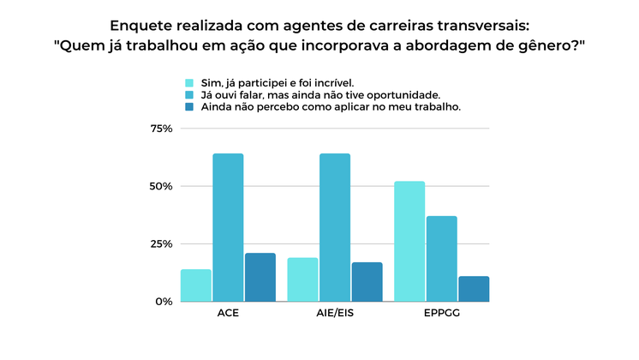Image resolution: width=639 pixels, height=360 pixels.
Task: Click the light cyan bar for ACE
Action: pyautogui.click(x=195, y=285)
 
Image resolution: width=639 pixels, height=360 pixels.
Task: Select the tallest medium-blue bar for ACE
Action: pyautogui.click(x=228, y=227)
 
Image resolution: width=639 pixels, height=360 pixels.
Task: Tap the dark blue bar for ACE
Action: pyautogui.click(x=260, y=277)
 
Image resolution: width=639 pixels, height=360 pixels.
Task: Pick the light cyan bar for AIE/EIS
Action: pyautogui.click(x=302, y=279)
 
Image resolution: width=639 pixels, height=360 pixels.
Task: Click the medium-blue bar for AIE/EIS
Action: pyautogui.click(x=335, y=227)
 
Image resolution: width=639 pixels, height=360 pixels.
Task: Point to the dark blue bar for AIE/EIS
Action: pyautogui.click(x=367, y=281)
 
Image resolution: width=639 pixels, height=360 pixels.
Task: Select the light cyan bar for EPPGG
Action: pyautogui.click(x=409, y=241)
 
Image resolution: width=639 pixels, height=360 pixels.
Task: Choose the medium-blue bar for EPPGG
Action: pyautogui.click(x=441, y=258)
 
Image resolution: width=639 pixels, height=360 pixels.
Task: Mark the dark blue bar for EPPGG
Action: pyautogui.click(x=474, y=289)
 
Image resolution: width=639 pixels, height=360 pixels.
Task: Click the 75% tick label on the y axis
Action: pyautogui.click(x=161, y=129)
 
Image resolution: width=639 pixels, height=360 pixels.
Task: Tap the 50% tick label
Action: pyautogui.click(x=161, y=186)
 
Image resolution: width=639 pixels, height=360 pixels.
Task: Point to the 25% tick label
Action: pyautogui.click(x=161, y=244)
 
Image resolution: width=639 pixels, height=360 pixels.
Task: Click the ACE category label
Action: pyautogui.click(x=228, y=314)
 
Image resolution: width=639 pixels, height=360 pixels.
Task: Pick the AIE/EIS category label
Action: pyautogui.click(x=335, y=314)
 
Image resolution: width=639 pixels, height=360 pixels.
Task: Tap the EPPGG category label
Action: pyautogui.click(x=441, y=314)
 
